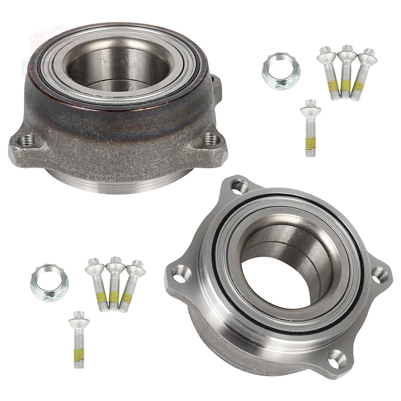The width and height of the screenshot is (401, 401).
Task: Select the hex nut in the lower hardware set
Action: point(44,279)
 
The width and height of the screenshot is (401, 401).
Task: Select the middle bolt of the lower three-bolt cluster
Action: point(114,284)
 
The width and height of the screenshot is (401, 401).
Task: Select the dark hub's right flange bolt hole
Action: point(211,140)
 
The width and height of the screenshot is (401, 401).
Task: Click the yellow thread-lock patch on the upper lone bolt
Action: point(310,143)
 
